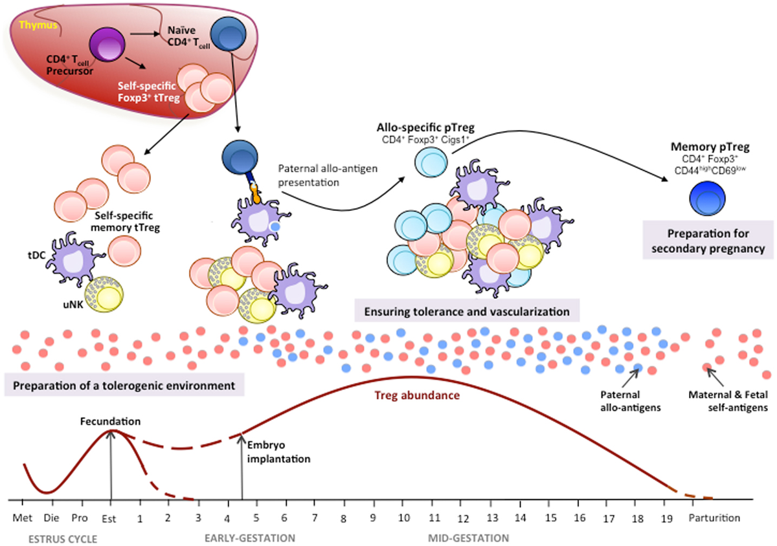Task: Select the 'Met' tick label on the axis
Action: [23, 518]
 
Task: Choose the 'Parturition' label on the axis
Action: [712, 518]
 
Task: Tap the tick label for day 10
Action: [403, 518]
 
